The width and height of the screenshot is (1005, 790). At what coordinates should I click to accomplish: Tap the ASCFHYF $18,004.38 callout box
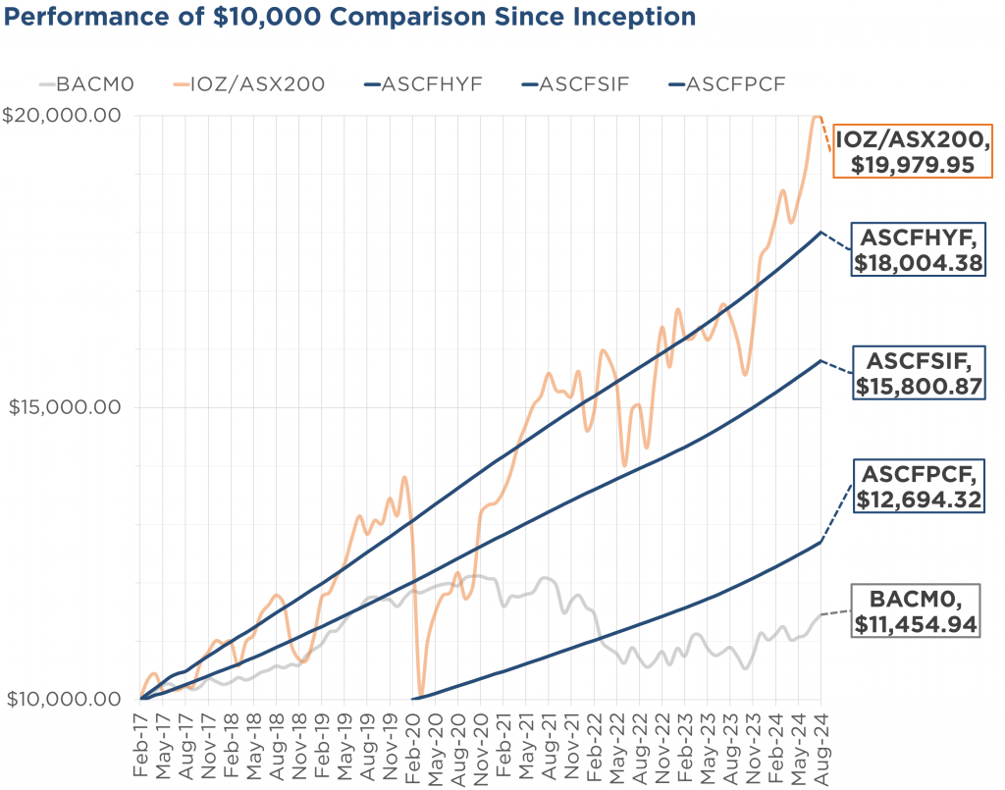[919, 250]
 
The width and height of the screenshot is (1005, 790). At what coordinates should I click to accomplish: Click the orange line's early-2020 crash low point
[421, 693]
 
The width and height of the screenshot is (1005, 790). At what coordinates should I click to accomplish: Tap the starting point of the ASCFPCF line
[413, 699]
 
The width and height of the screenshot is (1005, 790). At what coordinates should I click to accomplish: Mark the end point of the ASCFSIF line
[820, 360]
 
